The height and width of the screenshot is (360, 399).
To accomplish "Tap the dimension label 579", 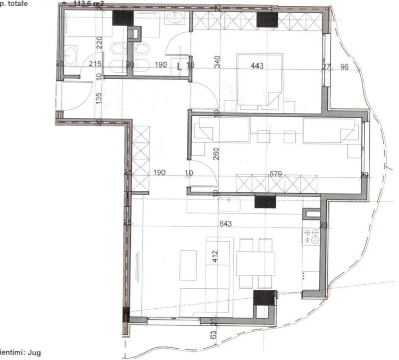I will pos(276,174).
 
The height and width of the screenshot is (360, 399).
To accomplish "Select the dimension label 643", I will pos(225,223).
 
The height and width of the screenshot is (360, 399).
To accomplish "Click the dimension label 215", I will pos(95,64).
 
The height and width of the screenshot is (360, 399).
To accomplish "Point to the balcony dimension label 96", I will pos(344,66).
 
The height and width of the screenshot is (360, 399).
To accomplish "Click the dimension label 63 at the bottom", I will pos(213,335).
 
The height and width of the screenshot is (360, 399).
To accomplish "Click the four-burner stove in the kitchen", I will pos(311,235).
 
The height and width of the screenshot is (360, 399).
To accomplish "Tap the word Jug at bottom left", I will pos(34,352).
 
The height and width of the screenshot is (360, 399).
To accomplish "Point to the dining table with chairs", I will pos(255,263).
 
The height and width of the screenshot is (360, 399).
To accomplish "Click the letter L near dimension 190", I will pos(179,65).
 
